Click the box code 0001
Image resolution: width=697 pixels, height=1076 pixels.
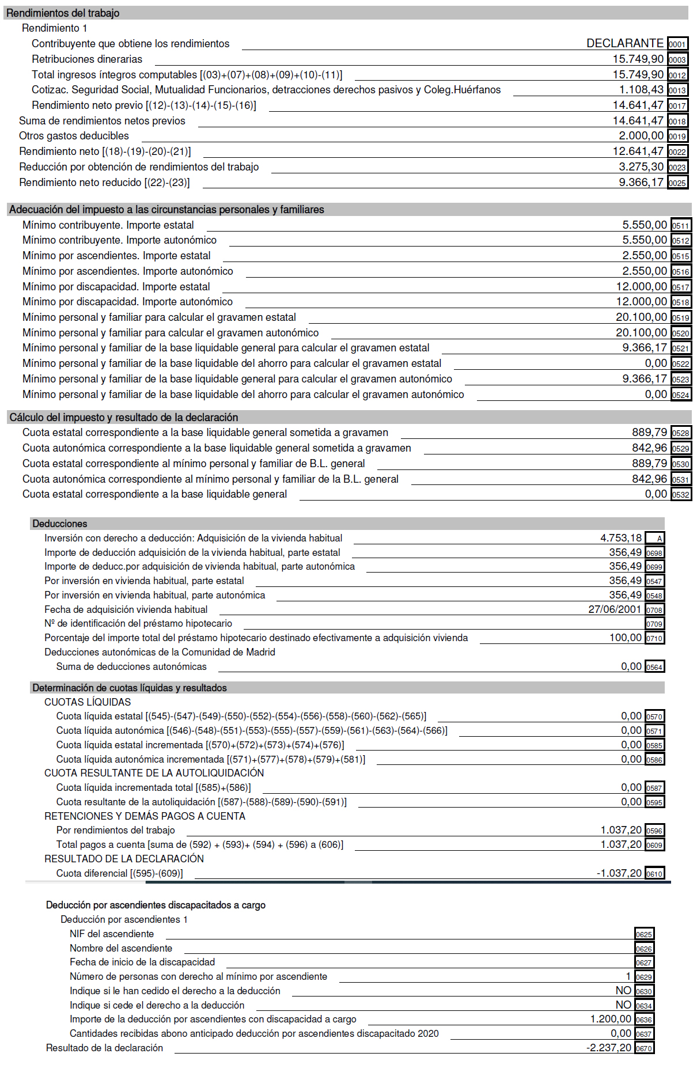click(x=677, y=44)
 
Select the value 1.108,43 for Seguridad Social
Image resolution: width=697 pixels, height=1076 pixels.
click(x=641, y=90)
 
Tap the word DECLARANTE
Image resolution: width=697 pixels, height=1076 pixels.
click(x=624, y=43)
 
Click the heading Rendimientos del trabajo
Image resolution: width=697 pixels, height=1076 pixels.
click(x=63, y=13)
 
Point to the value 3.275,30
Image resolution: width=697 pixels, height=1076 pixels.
click(x=641, y=167)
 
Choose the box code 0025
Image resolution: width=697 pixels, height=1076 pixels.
click(x=677, y=183)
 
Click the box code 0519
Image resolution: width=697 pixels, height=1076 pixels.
click(x=681, y=318)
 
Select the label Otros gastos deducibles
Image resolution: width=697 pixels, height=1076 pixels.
click(x=74, y=136)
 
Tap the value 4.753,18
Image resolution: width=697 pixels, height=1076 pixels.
click(x=620, y=538)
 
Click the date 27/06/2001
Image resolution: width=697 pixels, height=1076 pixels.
click(x=614, y=609)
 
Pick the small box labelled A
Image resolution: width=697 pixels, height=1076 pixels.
click(x=655, y=539)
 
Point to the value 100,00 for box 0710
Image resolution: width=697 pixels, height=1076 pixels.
click(x=625, y=638)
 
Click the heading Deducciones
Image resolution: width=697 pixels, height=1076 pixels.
click(x=60, y=524)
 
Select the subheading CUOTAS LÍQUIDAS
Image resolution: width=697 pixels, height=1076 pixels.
click(x=88, y=702)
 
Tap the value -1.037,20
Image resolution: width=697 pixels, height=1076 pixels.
click(x=619, y=873)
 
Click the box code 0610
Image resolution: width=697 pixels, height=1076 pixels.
click(x=654, y=874)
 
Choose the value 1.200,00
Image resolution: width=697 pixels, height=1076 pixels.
click(x=611, y=1019)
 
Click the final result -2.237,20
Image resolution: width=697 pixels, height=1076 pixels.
click(x=609, y=1048)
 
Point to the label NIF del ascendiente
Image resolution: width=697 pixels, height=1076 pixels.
click(x=112, y=934)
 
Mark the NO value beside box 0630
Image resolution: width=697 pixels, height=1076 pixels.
click(x=623, y=991)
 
